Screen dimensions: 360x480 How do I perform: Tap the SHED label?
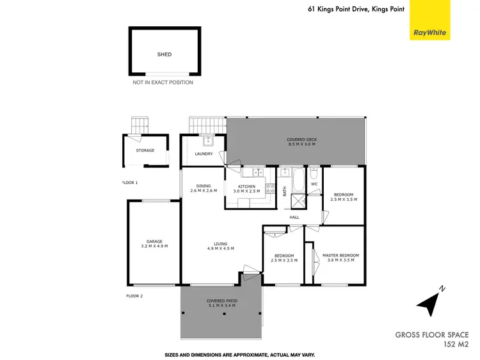(x=164, y=55)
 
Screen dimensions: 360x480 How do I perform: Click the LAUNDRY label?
(x=204, y=153)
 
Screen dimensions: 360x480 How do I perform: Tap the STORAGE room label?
(x=145, y=150)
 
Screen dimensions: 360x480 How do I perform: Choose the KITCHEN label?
(x=246, y=187)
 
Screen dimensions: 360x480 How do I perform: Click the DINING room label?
(x=204, y=187)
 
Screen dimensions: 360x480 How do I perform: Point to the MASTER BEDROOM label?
(x=340, y=255)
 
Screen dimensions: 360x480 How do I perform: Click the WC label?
(x=314, y=184)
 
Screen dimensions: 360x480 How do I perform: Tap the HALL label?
(x=294, y=217)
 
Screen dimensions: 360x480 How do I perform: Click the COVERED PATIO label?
(x=221, y=301)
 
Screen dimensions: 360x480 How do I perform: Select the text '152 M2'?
(x=456, y=344)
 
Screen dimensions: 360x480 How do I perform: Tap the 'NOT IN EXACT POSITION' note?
(x=163, y=82)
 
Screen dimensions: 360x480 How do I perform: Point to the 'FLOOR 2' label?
(x=134, y=296)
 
